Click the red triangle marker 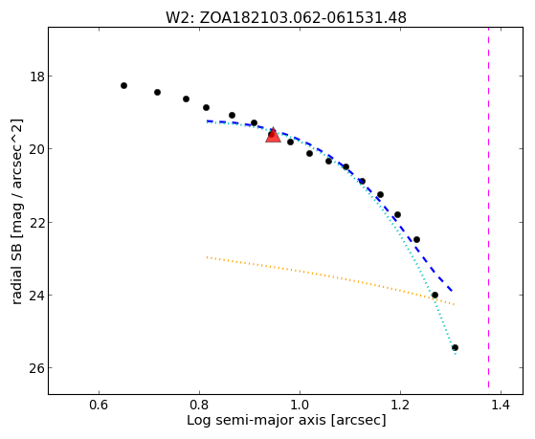[x=273, y=135]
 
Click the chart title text [x=286, y=18]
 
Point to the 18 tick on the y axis [x=37, y=77]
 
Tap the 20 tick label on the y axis [x=37, y=149]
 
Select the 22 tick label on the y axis [x=37, y=222]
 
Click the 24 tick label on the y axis [x=37, y=295]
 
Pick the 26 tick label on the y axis [x=37, y=368]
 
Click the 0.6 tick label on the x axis [x=99, y=405]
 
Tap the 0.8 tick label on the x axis [x=199, y=405]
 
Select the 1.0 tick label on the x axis [x=300, y=405]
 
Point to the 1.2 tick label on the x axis [x=400, y=405]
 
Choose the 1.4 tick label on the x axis [x=501, y=405]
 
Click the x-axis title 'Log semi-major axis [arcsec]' [x=286, y=420]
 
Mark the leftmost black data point [x=123, y=86]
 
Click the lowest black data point [x=455, y=348]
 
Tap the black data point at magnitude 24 [x=435, y=295]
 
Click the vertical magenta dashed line [x=488, y=208]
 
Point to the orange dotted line [x=330, y=281]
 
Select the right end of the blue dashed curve [x=453, y=291]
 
